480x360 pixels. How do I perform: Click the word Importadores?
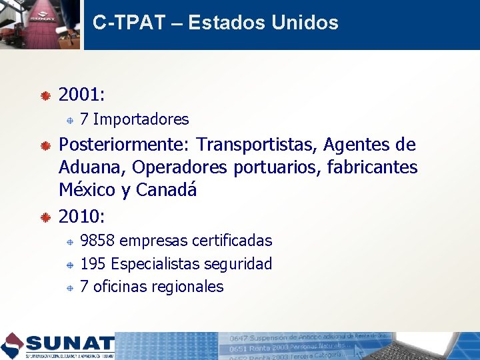[x=141, y=120]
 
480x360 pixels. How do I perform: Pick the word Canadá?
[x=167, y=189]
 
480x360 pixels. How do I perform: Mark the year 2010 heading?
[x=79, y=217]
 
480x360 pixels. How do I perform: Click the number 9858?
[x=97, y=241]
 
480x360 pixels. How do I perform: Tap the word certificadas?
[x=232, y=241]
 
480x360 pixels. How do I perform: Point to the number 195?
[x=93, y=264]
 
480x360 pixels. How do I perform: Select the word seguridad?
[x=241, y=264]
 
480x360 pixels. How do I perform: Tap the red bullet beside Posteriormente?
[x=45, y=146]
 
